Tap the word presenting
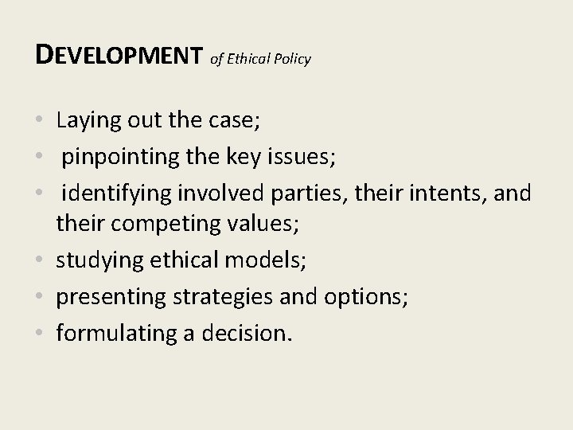(108, 297)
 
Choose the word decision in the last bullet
(250, 332)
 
